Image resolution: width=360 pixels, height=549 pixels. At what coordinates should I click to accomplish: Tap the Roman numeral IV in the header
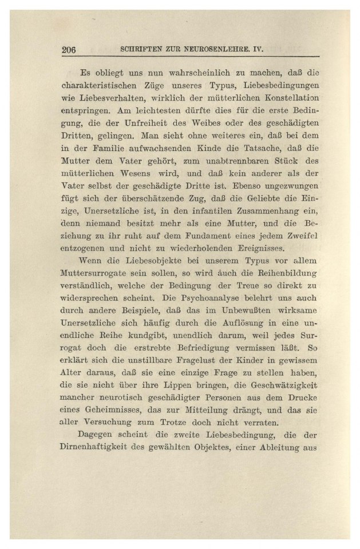tap(257, 49)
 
